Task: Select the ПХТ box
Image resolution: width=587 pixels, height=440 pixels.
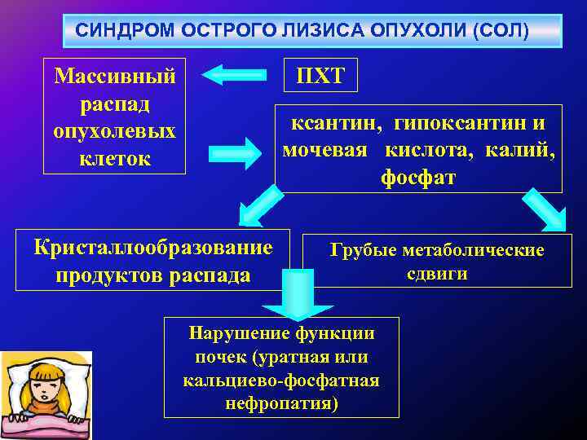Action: point(320,77)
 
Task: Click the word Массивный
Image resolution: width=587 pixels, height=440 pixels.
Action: point(114,77)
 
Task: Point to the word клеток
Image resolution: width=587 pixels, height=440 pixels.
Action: point(114,158)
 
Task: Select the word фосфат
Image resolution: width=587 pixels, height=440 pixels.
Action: point(418,177)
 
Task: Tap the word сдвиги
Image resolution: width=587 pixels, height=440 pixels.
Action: point(437,273)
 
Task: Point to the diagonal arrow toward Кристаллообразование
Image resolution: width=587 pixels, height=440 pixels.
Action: point(258,205)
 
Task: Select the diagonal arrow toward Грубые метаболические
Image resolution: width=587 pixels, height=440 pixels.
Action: point(545,207)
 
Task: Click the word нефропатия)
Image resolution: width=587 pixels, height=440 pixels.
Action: point(282,403)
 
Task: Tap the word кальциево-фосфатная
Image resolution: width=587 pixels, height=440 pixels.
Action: point(282,381)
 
